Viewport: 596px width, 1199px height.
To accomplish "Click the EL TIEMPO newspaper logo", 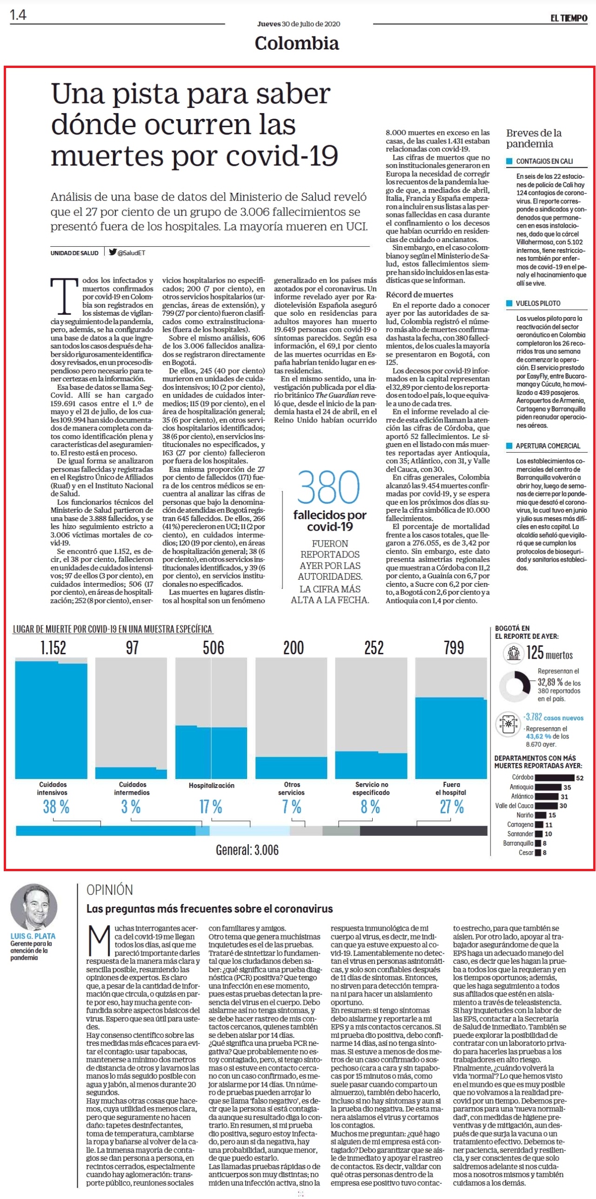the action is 569,18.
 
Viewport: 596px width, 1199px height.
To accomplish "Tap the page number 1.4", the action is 18,15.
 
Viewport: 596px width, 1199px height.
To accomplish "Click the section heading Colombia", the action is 297,43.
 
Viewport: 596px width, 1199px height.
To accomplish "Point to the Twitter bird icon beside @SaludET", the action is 113,252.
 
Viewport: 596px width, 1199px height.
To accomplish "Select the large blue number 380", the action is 329,487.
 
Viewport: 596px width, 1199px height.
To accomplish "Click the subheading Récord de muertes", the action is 419,294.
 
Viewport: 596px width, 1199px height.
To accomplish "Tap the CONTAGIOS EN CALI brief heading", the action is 544,161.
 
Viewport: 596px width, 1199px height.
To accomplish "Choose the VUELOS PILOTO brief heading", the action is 538,303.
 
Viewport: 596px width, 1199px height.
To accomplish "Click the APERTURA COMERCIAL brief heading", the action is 548,446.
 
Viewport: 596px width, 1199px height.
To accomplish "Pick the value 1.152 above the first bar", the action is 54,648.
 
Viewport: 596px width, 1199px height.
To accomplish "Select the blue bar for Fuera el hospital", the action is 451,738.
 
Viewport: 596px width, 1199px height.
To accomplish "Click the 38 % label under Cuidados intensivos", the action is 56,806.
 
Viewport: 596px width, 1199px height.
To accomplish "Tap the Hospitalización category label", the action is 211,786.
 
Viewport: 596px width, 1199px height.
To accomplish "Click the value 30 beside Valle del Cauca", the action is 563,806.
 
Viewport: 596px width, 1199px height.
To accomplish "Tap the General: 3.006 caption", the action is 247,850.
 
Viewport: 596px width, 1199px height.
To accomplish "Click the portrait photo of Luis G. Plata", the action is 33,907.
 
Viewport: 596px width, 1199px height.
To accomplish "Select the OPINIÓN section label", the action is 110,890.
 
